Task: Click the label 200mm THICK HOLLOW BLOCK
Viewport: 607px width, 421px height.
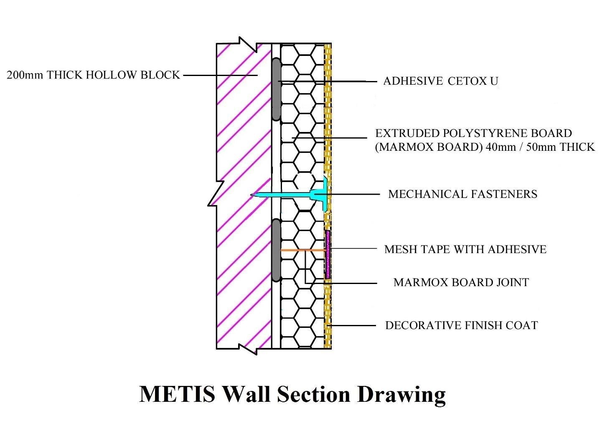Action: coord(93,75)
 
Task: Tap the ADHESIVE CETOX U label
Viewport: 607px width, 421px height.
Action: coord(441,81)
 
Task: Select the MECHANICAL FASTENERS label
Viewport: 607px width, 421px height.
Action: coord(462,194)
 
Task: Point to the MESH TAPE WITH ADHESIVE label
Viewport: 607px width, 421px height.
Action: coord(465,249)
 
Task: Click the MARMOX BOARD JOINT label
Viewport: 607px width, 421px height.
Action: coord(461,282)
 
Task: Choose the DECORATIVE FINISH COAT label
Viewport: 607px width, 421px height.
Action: coord(462,325)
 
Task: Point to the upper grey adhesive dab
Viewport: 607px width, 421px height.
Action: coord(276,89)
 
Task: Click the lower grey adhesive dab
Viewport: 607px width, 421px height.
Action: coord(276,250)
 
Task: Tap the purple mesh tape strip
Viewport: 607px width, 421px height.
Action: coord(328,255)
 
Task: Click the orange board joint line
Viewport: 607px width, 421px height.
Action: coord(303,250)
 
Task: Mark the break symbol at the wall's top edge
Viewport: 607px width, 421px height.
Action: coord(248,45)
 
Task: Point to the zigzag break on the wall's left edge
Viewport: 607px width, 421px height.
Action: coord(216,194)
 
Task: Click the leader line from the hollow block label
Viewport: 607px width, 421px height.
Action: coord(220,75)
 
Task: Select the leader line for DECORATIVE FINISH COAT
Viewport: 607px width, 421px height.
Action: coord(351,325)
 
